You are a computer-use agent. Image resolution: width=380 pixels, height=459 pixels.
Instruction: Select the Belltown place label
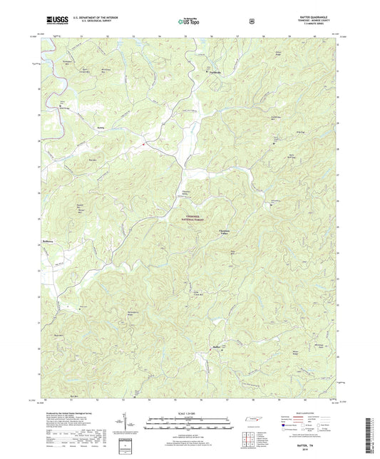pos(48,241)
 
